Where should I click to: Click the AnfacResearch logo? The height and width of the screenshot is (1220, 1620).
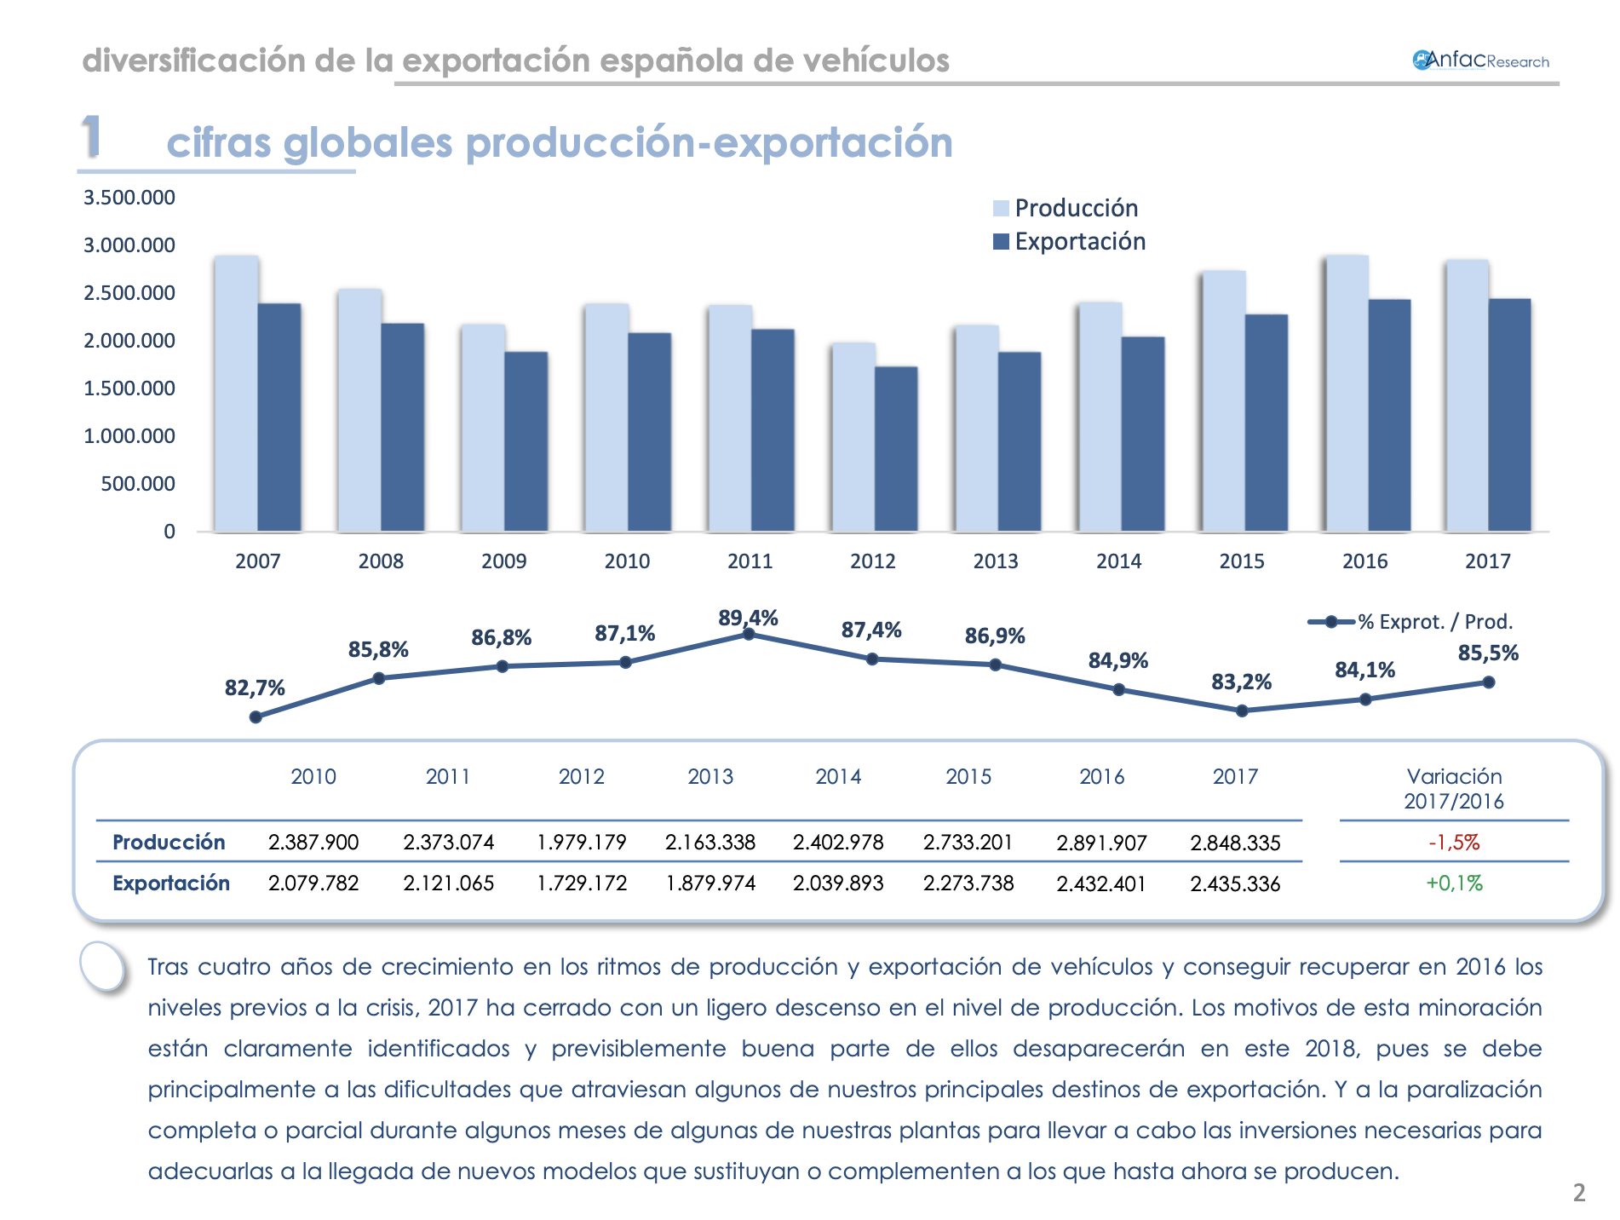[x=1480, y=60]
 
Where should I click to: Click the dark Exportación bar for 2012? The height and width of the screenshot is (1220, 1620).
[x=896, y=449]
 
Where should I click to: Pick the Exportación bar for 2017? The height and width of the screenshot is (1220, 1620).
[x=1509, y=415]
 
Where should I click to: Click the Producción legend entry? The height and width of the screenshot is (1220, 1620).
[x=1066, y=208]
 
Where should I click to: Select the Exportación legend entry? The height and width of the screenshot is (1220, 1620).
[x=1070, y=242]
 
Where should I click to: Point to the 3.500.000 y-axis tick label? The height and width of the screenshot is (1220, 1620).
[x=129, y=198]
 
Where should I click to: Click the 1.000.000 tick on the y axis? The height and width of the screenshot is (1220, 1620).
[x=129, y=436]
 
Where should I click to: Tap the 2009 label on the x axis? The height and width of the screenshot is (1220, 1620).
[x=503, y=561]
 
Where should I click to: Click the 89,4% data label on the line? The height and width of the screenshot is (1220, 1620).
[x=748, y=618]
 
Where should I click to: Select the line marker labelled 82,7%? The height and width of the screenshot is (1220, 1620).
[x=256, y=717]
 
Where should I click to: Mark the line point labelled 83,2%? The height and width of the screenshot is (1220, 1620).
[x=1242, y=711]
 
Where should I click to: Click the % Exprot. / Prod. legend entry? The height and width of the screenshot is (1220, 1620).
[x=1410, y=622]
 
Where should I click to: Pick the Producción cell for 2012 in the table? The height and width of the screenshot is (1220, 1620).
[x=581, y=843]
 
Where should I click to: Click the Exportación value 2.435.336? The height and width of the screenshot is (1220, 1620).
[x=1235, y=883]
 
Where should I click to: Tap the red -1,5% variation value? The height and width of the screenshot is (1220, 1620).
[x=1454, y=843]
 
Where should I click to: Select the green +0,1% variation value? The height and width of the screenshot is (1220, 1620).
[x=1454, y=883]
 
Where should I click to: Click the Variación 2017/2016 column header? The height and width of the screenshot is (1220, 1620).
[x=1454, y=788]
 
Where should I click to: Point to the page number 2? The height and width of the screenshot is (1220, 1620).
[x=1578, y=1193]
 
